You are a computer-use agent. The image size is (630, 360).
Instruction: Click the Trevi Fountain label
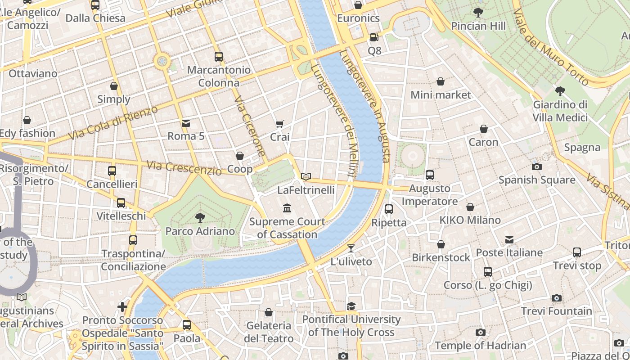(x=557, y=311)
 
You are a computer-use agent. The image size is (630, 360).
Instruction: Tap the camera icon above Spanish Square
(x=536, y=166)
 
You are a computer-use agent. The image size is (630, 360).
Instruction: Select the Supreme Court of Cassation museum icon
(x=287, y=208)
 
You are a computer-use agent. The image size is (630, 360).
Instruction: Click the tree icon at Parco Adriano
(x=200, y=218)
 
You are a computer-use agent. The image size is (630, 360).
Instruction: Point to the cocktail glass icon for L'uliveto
(x=351, y=248)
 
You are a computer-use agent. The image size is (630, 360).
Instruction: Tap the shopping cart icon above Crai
(x=280, y=124)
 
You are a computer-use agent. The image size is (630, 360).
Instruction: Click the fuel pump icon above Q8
(x=374, y=37)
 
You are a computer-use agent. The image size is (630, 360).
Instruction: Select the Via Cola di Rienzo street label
(x=113, y=123)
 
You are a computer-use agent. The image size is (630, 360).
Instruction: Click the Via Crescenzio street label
(x=184, y=168)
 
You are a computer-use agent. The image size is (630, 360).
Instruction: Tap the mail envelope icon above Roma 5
(x=185, y=123)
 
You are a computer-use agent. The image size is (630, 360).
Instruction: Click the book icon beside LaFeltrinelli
(x=306, y=176)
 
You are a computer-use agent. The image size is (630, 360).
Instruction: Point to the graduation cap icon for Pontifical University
(x=351, y=306)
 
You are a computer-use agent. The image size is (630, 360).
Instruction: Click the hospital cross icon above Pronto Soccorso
(x=122, y=307)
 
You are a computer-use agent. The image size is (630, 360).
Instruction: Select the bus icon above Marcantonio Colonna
(x=219, y=57)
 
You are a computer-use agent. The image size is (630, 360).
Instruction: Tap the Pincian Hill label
(x=478, y=26)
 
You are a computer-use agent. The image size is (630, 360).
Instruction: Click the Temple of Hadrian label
(x=480, y=346)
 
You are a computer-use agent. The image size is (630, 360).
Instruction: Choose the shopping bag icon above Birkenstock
(x=441, y=244)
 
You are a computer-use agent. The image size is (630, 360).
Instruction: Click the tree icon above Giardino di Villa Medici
(x=560, y=91)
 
